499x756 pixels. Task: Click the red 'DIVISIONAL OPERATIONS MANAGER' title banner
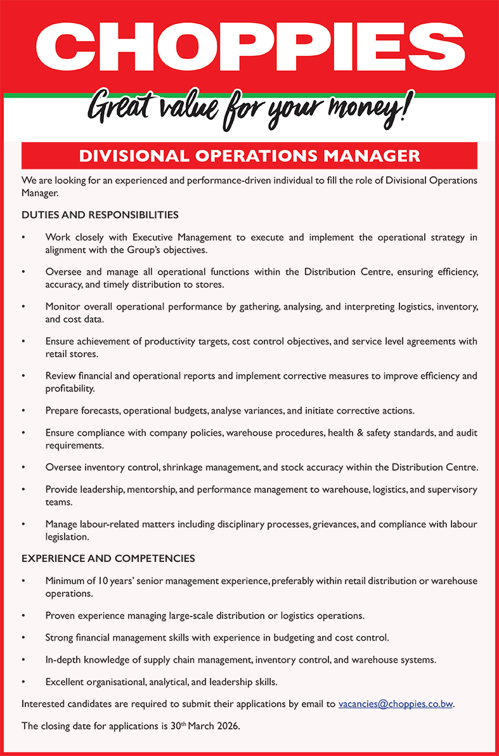[x=249, y=155]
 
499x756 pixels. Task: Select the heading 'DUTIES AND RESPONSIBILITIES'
[x=100, y=215]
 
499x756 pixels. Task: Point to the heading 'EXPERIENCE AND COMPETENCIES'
[x=108, y=559]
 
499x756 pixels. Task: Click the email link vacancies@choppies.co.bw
[x=396, y=704]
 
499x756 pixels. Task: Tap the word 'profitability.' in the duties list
[x=70, y=388]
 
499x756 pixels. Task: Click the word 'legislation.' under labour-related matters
[x=67, y=537]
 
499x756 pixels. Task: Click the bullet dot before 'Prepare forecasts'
[x=24, y=411]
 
